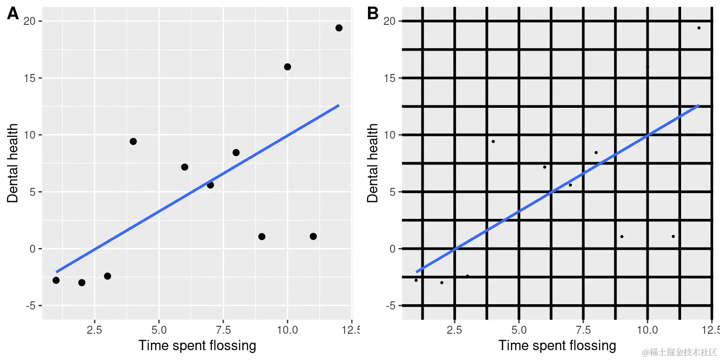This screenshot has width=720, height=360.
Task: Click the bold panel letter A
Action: pos(13,14)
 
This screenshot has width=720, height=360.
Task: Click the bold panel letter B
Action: pos(373,14)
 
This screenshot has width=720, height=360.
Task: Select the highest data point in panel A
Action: pos(339,28)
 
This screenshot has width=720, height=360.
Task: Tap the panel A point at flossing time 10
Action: pos(287,67)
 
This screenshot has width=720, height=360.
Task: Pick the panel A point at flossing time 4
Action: pos(133,142)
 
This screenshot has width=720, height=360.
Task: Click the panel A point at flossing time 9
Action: pos(262,236)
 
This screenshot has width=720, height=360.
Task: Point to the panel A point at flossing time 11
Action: pos(313,236)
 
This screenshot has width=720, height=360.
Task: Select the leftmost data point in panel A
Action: pos(56,280)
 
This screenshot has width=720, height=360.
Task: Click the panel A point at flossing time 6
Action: pos(185,167)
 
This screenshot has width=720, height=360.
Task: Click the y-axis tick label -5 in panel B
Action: pos(389,306)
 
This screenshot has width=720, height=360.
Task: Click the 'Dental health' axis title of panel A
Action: pos(13,163)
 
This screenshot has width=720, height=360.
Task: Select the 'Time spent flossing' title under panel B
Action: pos(557,346)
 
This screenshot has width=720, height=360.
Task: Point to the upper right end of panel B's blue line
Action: pos(698,106)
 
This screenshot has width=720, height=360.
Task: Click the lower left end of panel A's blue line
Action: pos(57,271)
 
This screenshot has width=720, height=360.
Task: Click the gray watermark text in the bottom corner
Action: pos(680,352)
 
